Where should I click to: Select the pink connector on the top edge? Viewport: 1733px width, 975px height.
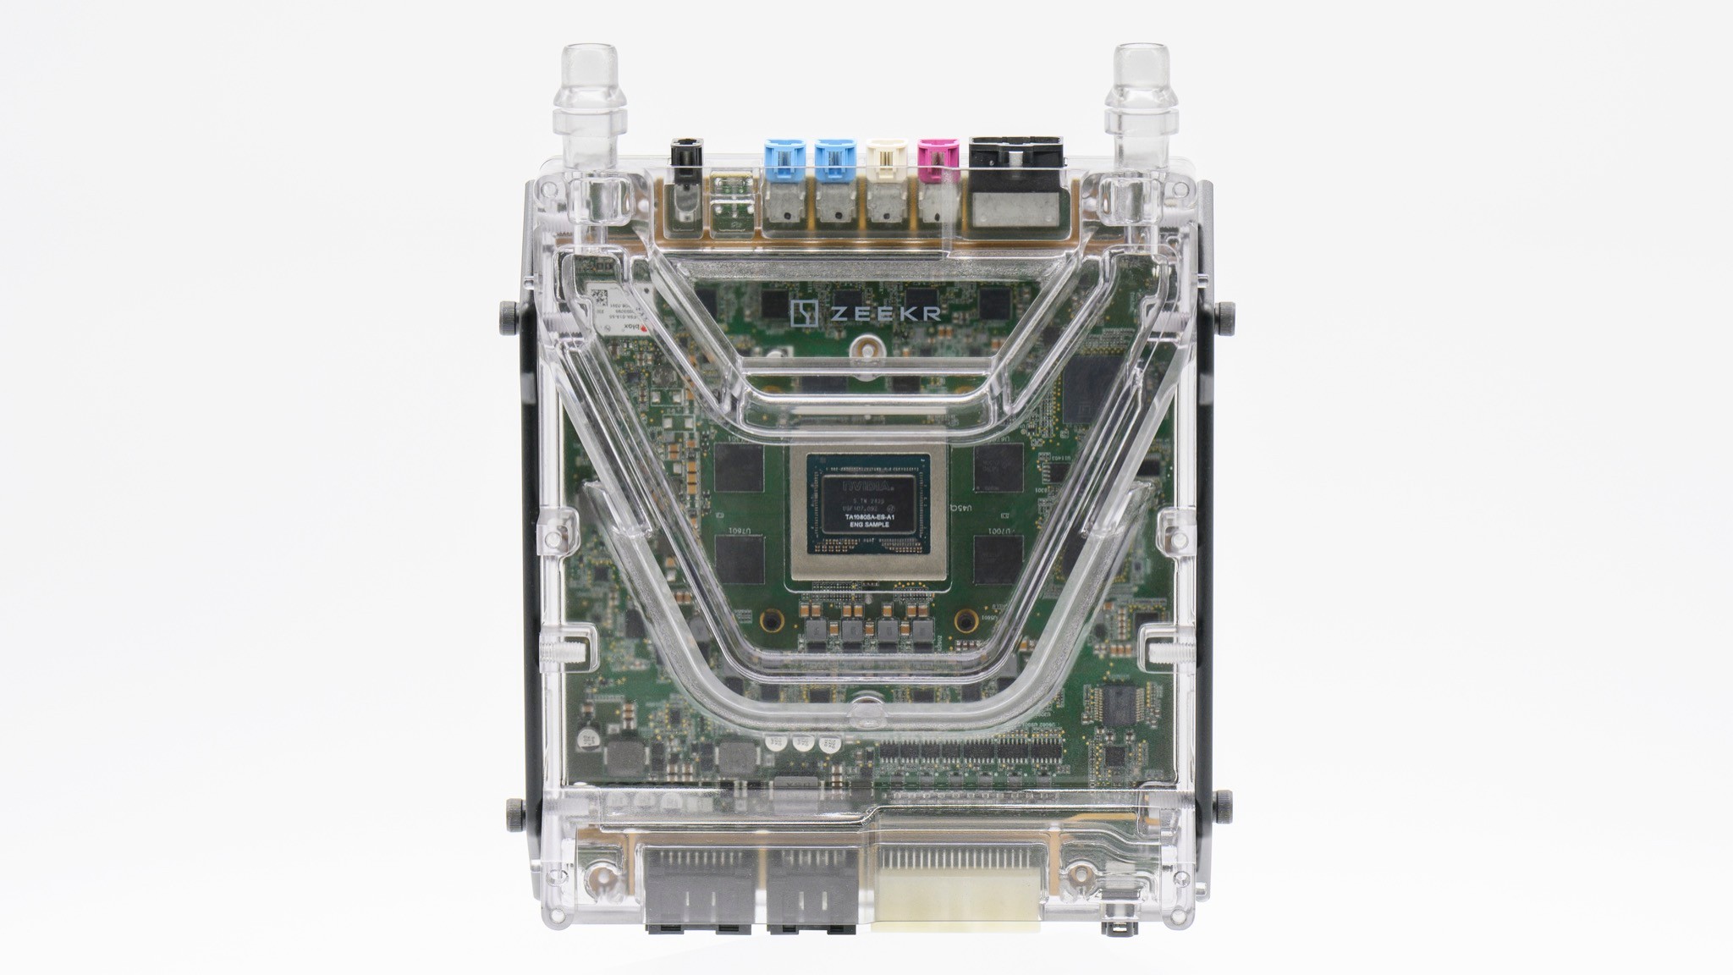937,158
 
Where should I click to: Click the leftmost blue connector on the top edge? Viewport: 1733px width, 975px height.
783,158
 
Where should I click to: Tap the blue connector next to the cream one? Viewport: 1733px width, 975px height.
834,158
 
